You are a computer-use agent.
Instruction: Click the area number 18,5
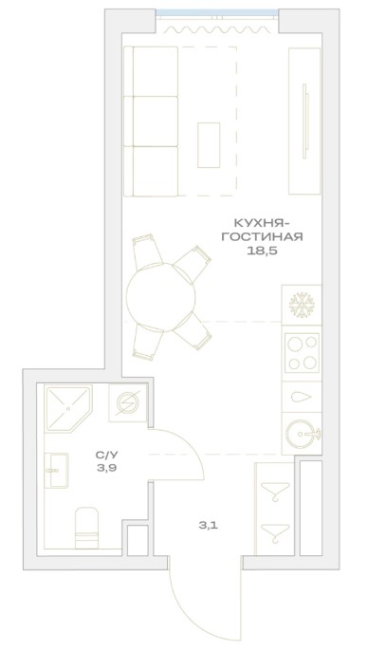point(262,251)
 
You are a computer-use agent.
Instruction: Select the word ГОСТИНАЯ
point(262,236)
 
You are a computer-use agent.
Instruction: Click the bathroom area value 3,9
point(106,468)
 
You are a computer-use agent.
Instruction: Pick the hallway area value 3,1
point(208,525)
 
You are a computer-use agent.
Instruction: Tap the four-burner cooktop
point(303,353)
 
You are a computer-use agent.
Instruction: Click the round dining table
point(161,297)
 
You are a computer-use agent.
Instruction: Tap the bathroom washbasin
point(56,471)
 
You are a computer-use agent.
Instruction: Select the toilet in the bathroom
point(86,528)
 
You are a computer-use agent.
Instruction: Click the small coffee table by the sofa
point(209,145)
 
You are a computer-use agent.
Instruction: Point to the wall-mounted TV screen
point(305,121)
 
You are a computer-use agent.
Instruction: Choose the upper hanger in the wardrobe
point(275,491)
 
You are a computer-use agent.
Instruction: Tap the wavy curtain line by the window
point(216,29)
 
